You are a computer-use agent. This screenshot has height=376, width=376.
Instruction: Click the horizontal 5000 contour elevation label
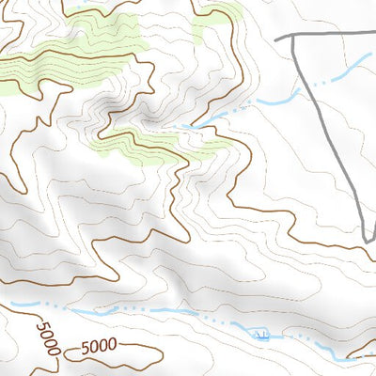[x=93, y=346]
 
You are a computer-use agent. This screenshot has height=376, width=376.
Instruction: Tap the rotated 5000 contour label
[x=49, y=338]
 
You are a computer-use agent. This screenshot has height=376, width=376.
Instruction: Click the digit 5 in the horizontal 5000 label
[x=74, y=347]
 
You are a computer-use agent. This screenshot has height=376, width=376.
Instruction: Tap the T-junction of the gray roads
[x=291, y=37]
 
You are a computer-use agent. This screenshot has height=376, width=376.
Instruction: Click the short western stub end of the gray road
[x=277, y=39]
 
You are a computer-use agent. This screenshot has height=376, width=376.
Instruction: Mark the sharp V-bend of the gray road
[x=366, y=242]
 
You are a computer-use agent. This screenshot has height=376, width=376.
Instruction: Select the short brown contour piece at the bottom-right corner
[x=362, y=355]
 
